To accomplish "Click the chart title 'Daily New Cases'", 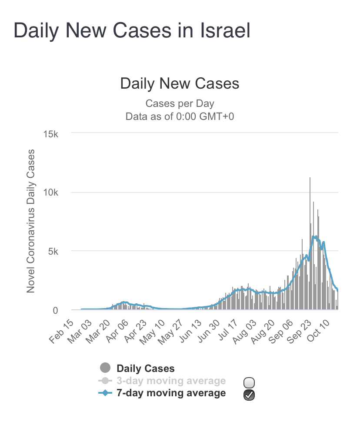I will pos(180,83).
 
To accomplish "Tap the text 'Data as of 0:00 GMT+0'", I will pos(180,116).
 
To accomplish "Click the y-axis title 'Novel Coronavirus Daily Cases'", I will pos(31,222).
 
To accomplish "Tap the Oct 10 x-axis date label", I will pos(320,331).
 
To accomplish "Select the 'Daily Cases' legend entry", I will pos(145,368).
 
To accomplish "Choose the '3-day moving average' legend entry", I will pos(170,381).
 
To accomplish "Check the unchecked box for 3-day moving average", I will pos(249,383).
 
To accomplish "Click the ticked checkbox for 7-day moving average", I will pos(249,395).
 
